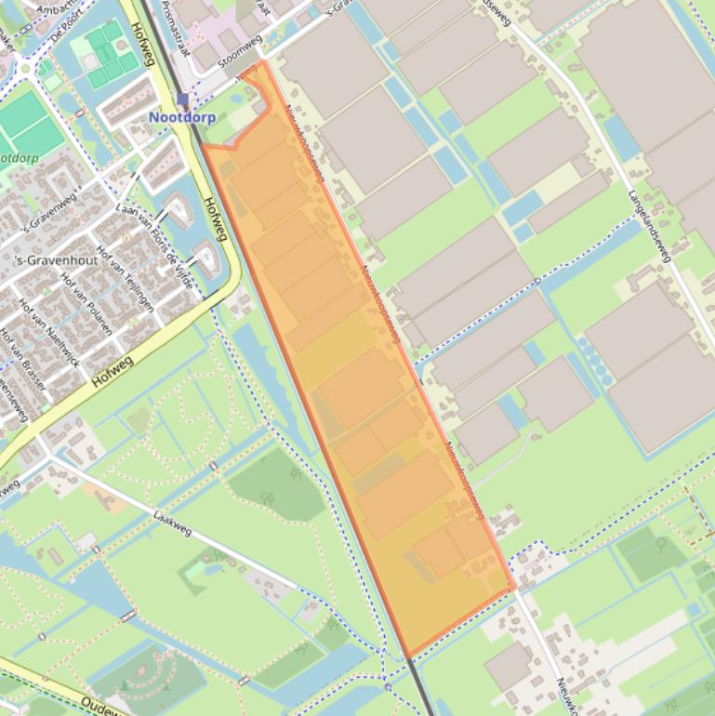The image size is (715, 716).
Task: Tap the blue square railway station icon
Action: (182, 99)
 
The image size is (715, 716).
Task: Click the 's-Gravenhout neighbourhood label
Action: (58, 260)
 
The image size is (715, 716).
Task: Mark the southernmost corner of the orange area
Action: (407, 657)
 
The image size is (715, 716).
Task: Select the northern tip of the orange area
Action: (263, 61)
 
